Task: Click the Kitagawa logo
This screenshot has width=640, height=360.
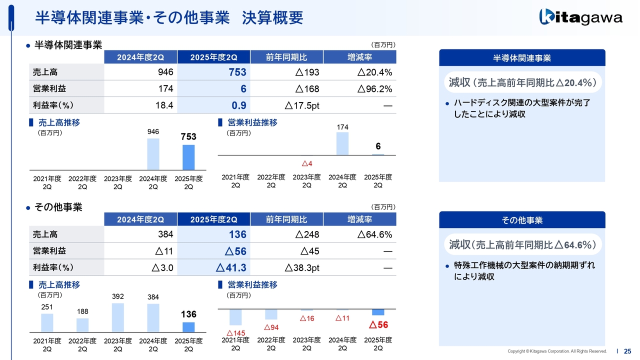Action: pyautogui.click(x=580, y=17)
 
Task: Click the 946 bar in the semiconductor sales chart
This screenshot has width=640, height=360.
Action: pyautogui.click(x=153, y=154)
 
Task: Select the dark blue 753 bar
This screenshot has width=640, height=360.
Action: pyautogui.click(x=188, y=157)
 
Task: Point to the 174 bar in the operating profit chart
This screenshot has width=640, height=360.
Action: pyautogui.click(x=342, y=143)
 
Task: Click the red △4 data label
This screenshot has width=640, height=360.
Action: pyautogui.click(x=307, y=163)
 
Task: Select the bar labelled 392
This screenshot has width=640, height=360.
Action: pyautogui.click(x=118, y=317)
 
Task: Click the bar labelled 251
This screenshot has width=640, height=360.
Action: pyautogui.click(x=47, y=322)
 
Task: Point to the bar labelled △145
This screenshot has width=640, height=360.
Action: pyautogui.click(x=235, y=317)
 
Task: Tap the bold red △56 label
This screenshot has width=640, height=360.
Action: pyautogui.click(x=378, y=325)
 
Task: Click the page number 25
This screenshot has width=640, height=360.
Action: pyautogui.click(x=627, y=351)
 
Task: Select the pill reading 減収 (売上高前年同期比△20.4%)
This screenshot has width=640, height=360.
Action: pyautogui.click(x=522, y=82)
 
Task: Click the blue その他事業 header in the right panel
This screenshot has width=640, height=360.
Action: pyautogui.click(x=522, y=220)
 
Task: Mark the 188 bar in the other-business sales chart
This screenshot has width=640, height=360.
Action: pyautogui.click(x=82, y=325)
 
